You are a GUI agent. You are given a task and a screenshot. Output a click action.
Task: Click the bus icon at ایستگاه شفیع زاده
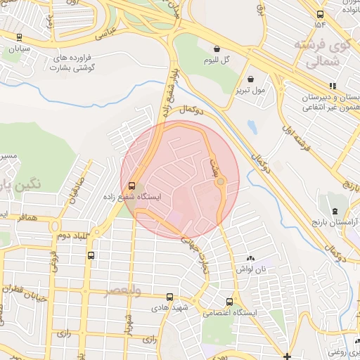point(131,186)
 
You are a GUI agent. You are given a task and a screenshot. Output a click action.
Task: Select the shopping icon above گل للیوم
point(216,49)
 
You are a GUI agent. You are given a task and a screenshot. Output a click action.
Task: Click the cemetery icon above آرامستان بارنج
point(335,210)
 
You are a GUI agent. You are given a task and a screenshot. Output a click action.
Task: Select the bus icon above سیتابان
point(19,37)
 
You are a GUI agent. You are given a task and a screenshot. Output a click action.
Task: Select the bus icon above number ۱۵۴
point(320,14)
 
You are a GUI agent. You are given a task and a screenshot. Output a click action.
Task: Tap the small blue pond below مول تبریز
point(252,129)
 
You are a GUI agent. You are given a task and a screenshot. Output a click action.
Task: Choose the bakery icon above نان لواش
point(251,259)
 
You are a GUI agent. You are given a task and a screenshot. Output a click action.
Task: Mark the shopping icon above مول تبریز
point(251,78)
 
